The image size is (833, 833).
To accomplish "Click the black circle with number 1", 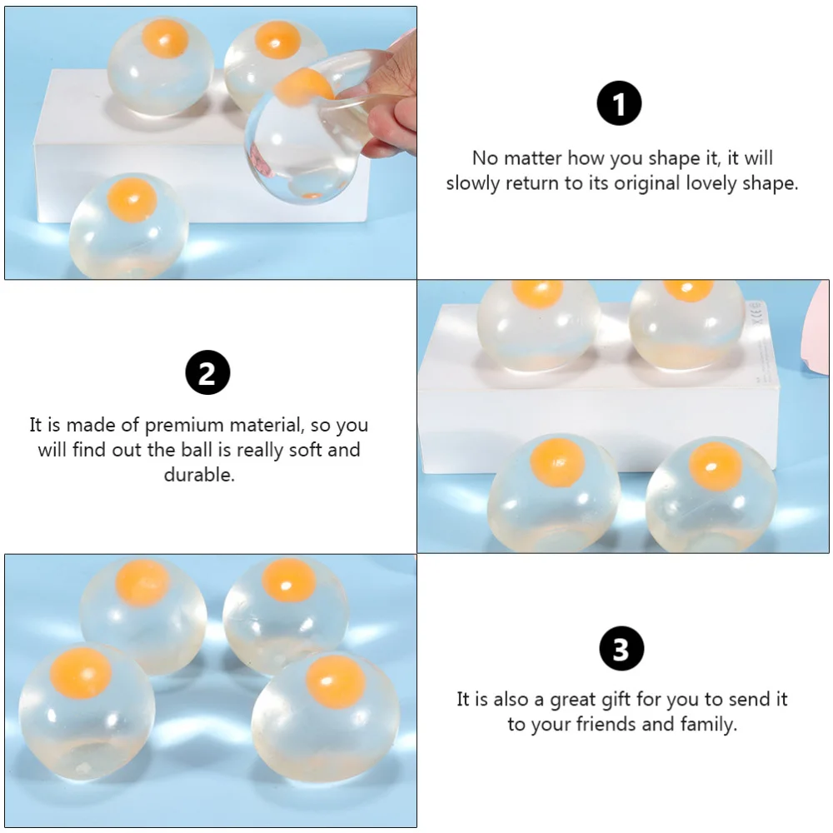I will point(619,104).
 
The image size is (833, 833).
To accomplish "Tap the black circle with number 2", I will point(207,372).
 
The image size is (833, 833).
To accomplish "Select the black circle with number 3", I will point(621,649).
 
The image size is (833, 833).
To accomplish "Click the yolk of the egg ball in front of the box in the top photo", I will point(132,200).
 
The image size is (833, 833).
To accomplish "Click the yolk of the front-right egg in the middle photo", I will point(715,466).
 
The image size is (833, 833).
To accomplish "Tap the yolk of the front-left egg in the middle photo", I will point(557,461).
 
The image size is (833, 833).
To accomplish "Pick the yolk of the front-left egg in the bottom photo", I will point(81,673).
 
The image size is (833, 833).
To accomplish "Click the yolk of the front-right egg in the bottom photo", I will point(335,678).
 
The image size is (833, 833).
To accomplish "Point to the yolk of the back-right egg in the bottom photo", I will point(289,580).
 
